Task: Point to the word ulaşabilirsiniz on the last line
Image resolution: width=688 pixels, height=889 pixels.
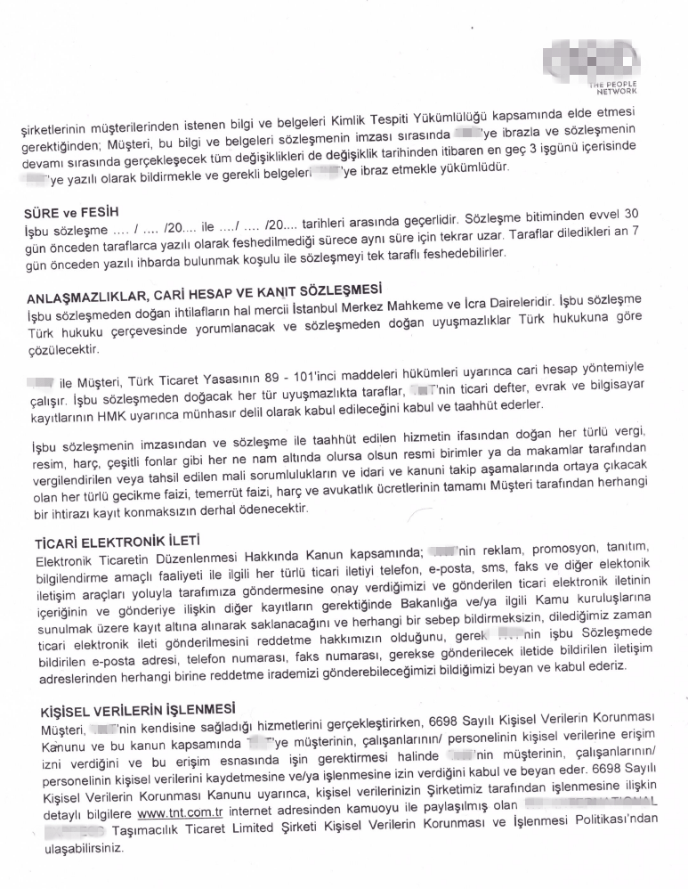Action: [72, 849]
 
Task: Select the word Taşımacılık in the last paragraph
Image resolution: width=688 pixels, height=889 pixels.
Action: [144, 830]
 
